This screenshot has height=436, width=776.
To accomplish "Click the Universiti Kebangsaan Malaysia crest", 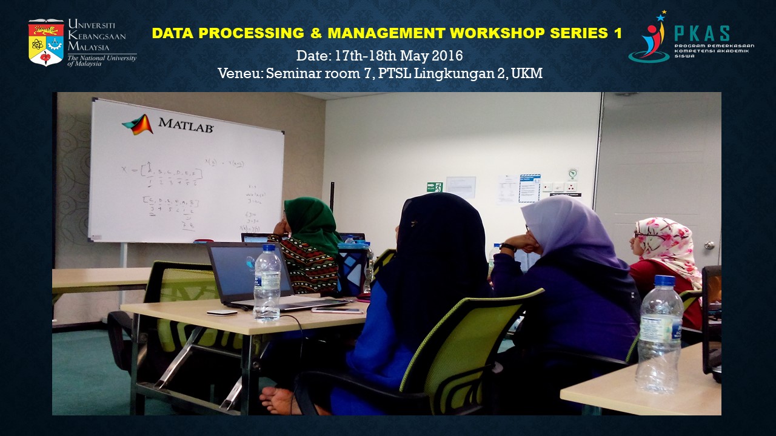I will click(x=45, y=42).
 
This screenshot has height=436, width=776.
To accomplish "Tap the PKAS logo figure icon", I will click(x=649, y=38).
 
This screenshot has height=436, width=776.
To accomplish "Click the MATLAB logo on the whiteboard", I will click(x=168, y=124).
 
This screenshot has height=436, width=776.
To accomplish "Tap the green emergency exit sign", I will click(x=434, y=187).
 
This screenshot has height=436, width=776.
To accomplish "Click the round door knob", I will click(x=709, y=245).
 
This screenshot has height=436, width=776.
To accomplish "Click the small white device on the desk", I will click(x=221, y=312).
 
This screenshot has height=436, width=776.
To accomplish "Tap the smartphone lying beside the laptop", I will click(x=336, y=310).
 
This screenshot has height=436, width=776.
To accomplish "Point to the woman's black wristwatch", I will click(x=507, y=247).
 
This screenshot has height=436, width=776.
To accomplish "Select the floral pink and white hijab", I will click(x=667, y=242).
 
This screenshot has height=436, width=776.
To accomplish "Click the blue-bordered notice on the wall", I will click(x=529, y=188).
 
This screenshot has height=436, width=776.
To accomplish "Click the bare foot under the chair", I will click(x=280, y=400).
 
